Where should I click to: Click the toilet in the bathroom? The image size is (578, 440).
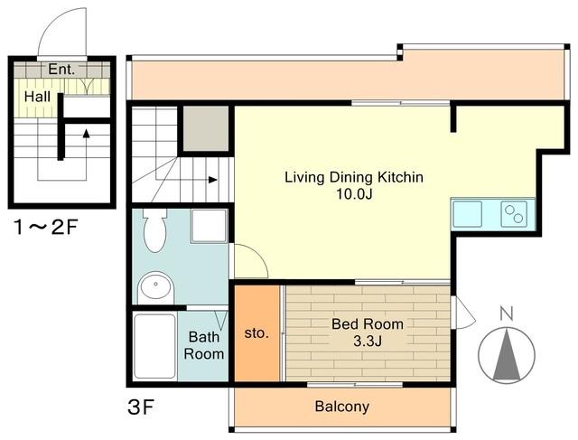tap(154, 231)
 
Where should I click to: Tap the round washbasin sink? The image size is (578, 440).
tap(156, 287)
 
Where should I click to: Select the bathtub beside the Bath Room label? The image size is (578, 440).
tap(154, 346)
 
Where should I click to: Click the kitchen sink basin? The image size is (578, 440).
tap(468, 214)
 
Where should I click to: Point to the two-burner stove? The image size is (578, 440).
tap(514, 214)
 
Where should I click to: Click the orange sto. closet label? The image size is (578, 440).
tap(256, 333)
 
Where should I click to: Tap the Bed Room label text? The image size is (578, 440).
tap(368, 323)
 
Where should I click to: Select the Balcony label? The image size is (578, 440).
tap(342, 407)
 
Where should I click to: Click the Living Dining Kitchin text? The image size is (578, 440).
tap(354, 177)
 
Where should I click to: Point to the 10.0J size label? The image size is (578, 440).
tap(354, 194)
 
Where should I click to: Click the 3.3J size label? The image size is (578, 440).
tap(368, 342)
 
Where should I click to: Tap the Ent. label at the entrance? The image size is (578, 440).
tap(61, 69)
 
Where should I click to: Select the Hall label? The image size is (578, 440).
tap(37, 97)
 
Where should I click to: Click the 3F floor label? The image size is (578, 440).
tap(141, 407)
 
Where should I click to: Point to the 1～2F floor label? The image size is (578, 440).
tap(45, 227)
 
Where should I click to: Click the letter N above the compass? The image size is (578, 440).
tap(507, 314)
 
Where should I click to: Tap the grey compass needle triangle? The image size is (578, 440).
tap(507, 355)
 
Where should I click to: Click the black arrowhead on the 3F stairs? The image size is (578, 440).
tap(213, 180)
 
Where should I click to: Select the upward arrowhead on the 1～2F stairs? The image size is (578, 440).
tap(87, 133)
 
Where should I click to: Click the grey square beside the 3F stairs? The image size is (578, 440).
tap(206, 128)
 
